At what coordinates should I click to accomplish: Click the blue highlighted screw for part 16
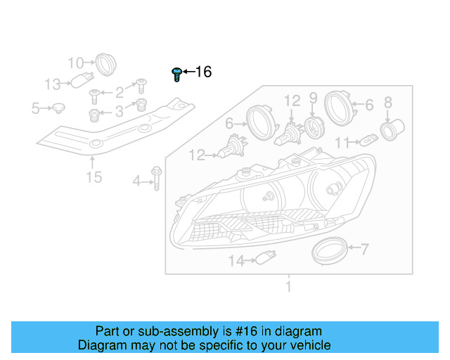(176, 73)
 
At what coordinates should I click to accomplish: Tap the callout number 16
(202, 72)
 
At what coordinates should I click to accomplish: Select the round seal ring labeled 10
(105, 64)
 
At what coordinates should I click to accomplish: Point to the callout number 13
(53, 84)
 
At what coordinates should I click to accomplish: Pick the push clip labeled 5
(59, 108)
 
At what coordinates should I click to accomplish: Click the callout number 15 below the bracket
(94, 176)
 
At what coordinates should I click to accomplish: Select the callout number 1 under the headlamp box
(288, 286)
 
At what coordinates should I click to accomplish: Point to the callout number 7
(364, 248)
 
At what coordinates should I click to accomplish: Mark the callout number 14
(236, 261)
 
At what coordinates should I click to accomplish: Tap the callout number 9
(314, 98)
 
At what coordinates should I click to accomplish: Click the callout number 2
(120, 91)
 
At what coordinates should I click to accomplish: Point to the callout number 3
(120, 110)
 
